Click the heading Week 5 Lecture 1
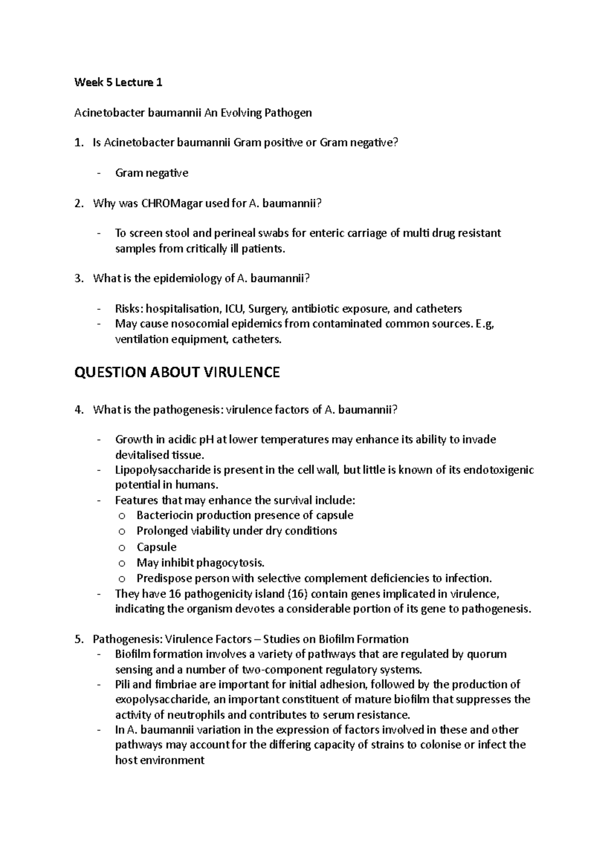[118, 82]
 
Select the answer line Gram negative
[151, 173]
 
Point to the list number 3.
[78, 279]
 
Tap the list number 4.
[78, 409]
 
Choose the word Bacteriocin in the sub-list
[165, 515]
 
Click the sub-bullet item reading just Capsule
[156, 547]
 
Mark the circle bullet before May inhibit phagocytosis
[121, 563]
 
